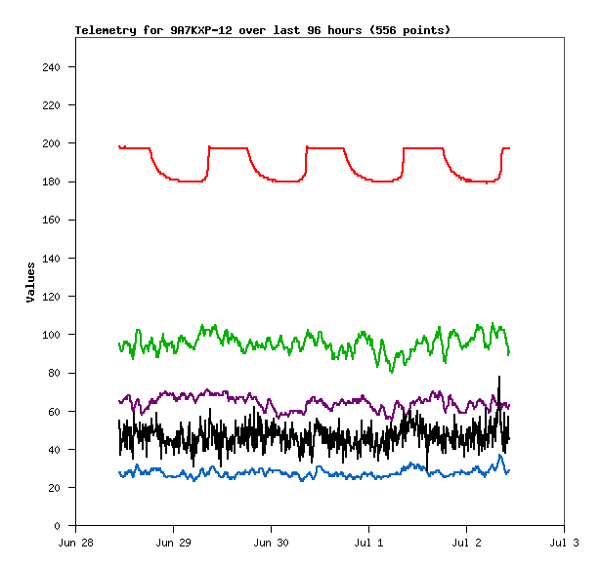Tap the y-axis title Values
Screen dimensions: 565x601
(30, 282)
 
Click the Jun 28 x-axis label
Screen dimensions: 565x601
(76, 542)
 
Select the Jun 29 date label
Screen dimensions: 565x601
(174, 542)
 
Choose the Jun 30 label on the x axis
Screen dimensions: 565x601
(272, 542)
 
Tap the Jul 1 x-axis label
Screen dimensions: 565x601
(369, 542)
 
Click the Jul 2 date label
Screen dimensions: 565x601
(467, 542)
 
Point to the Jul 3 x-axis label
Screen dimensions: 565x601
(565, 542)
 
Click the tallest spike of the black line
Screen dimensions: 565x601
(499, 377)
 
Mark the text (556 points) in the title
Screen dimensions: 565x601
(409, 30)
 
